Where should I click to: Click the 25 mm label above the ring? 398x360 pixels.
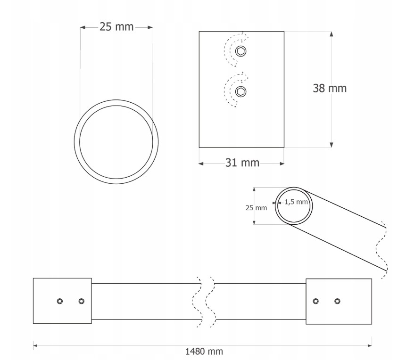116,27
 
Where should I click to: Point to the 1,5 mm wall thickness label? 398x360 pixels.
296,202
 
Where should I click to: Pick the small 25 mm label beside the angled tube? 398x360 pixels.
257,207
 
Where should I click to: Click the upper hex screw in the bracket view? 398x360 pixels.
241,51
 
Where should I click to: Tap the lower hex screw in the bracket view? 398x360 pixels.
241,91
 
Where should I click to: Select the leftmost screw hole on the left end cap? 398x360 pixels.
60,301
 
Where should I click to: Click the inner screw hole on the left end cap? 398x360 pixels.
82,301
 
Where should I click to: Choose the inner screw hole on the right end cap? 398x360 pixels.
315,301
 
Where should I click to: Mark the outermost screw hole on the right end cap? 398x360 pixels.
337,301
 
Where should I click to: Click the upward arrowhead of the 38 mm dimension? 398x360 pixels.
332,34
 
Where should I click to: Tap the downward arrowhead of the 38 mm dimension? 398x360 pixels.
332,145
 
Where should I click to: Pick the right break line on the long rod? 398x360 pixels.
211,302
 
